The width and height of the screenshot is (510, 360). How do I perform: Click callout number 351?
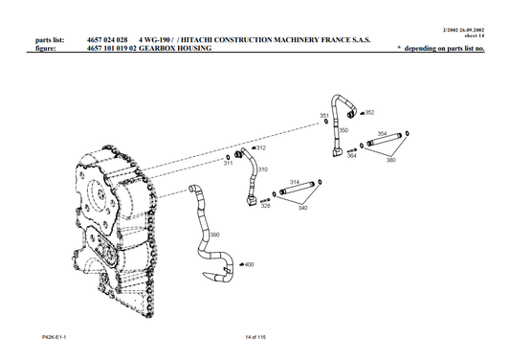coord(323,114)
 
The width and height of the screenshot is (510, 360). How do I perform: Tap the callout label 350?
coord(344,129)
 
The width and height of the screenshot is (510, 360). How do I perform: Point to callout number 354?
coord(382,134)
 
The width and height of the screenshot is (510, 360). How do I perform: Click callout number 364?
coord(352,155)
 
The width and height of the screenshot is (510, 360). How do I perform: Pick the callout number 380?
coord(390,160)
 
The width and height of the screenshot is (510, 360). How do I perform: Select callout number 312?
coord(261,148)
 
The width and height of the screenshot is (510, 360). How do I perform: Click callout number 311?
coord(228,164)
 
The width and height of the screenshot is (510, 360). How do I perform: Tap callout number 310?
coord(262,169)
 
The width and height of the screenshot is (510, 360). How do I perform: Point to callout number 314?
coord(295,182)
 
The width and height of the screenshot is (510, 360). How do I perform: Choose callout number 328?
coord(265,206)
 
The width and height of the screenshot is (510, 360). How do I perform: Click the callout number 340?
coord(303,208)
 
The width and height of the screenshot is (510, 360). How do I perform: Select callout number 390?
coord(214,234)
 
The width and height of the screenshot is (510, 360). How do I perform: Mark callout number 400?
coord(249,264)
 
